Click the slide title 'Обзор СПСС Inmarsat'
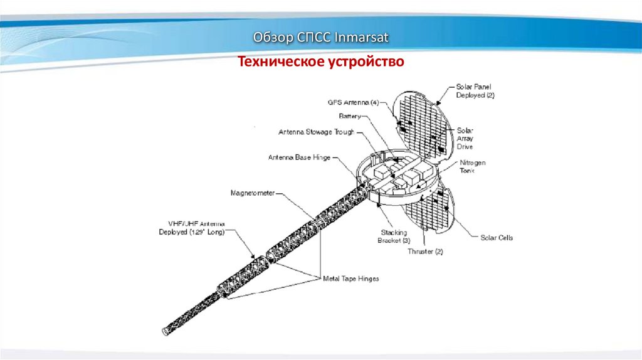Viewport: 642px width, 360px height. (x=321, y=38)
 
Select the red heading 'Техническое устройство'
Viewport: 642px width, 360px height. (x=321, y=61)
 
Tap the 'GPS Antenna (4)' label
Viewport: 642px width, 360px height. (x=353, y=102)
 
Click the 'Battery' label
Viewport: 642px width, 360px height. (x=350, y=116)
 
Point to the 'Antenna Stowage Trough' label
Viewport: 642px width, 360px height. (x=317, y=132)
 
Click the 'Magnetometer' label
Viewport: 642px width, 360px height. (x=252, y=192)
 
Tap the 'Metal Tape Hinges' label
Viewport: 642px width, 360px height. (x=350, y=278)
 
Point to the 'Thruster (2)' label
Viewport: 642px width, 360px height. (x=425, y=251)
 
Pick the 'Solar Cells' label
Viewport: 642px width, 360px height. (x=497, y=238)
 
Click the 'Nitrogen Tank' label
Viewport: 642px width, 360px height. (x=473, y=166)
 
